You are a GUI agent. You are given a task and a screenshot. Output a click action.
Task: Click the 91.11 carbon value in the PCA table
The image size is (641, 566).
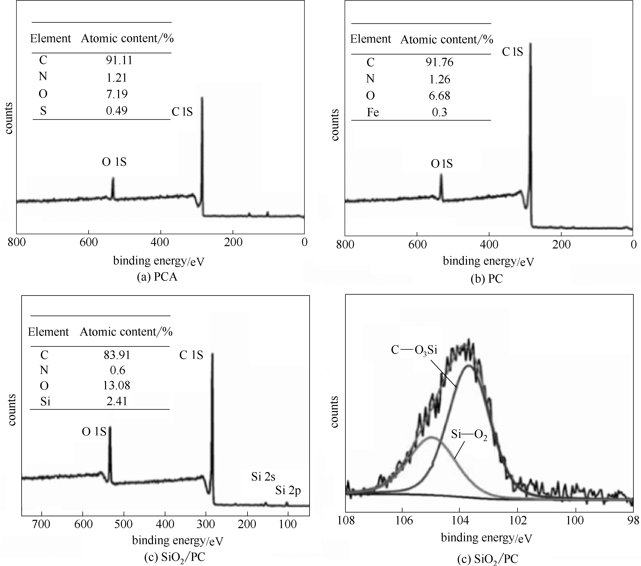(119, 60)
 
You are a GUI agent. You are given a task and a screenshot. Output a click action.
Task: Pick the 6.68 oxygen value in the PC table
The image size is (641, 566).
(439, 96)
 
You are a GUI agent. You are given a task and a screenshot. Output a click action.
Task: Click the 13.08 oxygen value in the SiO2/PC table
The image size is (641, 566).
(116, 385)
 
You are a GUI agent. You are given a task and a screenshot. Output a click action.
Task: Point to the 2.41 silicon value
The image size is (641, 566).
(117, 401)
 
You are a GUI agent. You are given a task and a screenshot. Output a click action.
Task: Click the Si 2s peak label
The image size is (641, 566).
(263, 477)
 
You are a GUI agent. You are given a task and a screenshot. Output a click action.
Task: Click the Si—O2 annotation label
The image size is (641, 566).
(469, 435)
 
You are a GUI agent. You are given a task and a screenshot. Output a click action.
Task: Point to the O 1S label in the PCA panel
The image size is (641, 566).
(114, 162)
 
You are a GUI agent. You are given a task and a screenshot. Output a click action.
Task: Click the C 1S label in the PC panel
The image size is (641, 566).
(512, 52)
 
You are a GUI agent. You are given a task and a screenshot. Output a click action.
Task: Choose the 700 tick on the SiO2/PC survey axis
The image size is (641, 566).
(41, 524)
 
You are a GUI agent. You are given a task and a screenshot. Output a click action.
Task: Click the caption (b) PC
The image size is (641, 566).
(487, 278)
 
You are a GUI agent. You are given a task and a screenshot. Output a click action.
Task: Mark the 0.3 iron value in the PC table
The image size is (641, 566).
(439, 112)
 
